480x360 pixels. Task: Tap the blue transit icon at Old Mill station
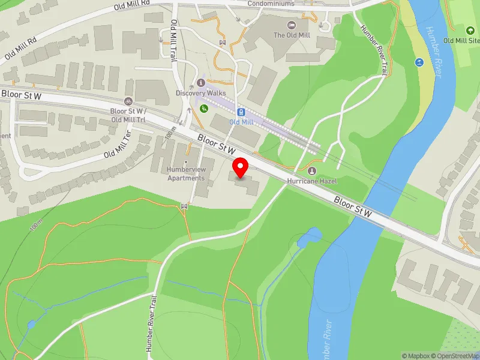(x=241, y=112)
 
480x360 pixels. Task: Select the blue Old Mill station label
(x=241, y=122)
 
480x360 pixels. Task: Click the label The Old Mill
(x=291, y=35)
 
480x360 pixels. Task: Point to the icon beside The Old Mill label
(x=292, y=25)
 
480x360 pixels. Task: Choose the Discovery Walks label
(x=201, y=93)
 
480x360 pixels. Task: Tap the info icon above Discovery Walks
(x=201, y=82)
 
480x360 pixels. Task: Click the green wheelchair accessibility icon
(x=204, y=109)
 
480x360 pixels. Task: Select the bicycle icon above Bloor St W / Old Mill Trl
(x=128, y=101)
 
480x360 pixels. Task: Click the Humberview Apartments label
(x=186, y=174)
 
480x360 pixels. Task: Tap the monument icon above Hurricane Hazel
(x=311, y=170)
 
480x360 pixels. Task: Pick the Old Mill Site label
(x=461, y=40)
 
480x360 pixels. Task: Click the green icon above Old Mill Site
(x=470, y=29)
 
